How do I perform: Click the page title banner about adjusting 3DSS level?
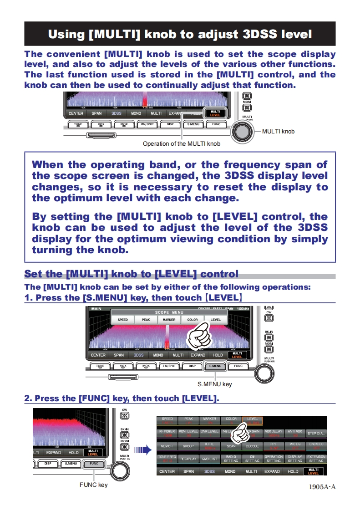coord(180,34)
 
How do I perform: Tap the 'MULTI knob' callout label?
coord(278,132)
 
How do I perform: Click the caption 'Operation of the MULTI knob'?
coord(182,144)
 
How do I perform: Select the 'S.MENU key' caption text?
coord(214,384)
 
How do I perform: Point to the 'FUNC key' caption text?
coord(94,485)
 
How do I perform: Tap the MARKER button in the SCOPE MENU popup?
coord(169,320)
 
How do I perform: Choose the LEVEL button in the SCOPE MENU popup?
coord(215,320)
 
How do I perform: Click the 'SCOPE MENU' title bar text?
coord(169,312)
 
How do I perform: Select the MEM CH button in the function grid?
coord(167,446)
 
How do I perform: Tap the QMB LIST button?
coord(210,459)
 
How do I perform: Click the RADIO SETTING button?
coord(231,459)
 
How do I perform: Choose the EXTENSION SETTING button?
coord(316,459)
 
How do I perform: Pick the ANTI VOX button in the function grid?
coord(295,433)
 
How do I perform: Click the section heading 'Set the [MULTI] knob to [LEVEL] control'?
coord(131,274)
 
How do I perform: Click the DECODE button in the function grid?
coord(253,446)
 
